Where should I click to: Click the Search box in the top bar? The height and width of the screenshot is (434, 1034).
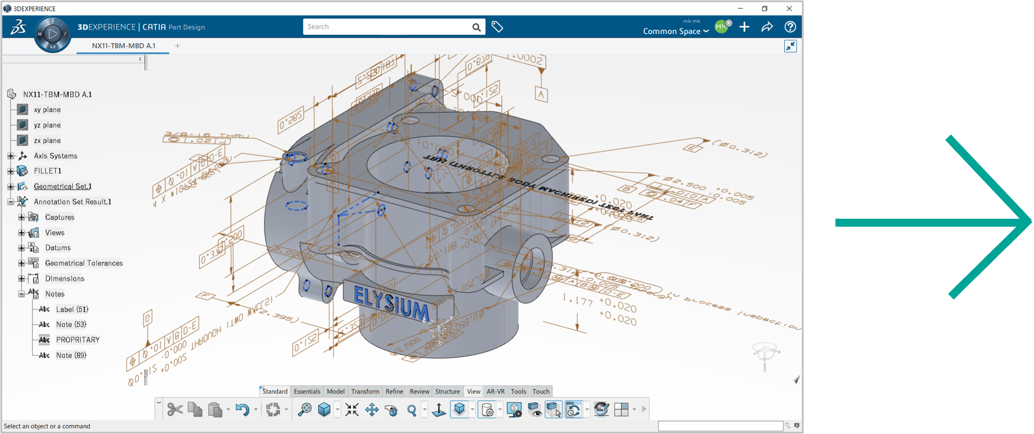387,27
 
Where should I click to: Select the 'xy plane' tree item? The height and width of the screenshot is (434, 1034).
47,109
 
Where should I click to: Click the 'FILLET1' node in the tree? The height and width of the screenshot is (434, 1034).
47,171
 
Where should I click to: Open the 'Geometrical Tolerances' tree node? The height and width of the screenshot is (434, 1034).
84,263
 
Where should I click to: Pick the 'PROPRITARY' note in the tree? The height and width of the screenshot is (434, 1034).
77,340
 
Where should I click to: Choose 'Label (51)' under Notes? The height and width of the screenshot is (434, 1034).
72,309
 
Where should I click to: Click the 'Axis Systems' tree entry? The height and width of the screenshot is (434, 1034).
55,155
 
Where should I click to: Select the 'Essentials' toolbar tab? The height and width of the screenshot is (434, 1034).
307,391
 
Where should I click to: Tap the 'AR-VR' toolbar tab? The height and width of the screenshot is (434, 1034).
495,391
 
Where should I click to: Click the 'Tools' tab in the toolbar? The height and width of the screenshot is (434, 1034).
518,391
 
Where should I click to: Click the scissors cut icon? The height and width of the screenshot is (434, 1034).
175,410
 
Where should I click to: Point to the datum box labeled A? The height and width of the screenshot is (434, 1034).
541,95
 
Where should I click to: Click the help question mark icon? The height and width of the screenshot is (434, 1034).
790,27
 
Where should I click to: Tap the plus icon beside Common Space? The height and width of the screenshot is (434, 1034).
744,27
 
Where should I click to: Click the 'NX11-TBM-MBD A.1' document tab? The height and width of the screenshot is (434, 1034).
123,46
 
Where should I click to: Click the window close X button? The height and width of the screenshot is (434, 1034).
789,9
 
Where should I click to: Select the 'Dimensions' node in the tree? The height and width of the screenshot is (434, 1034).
64,279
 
